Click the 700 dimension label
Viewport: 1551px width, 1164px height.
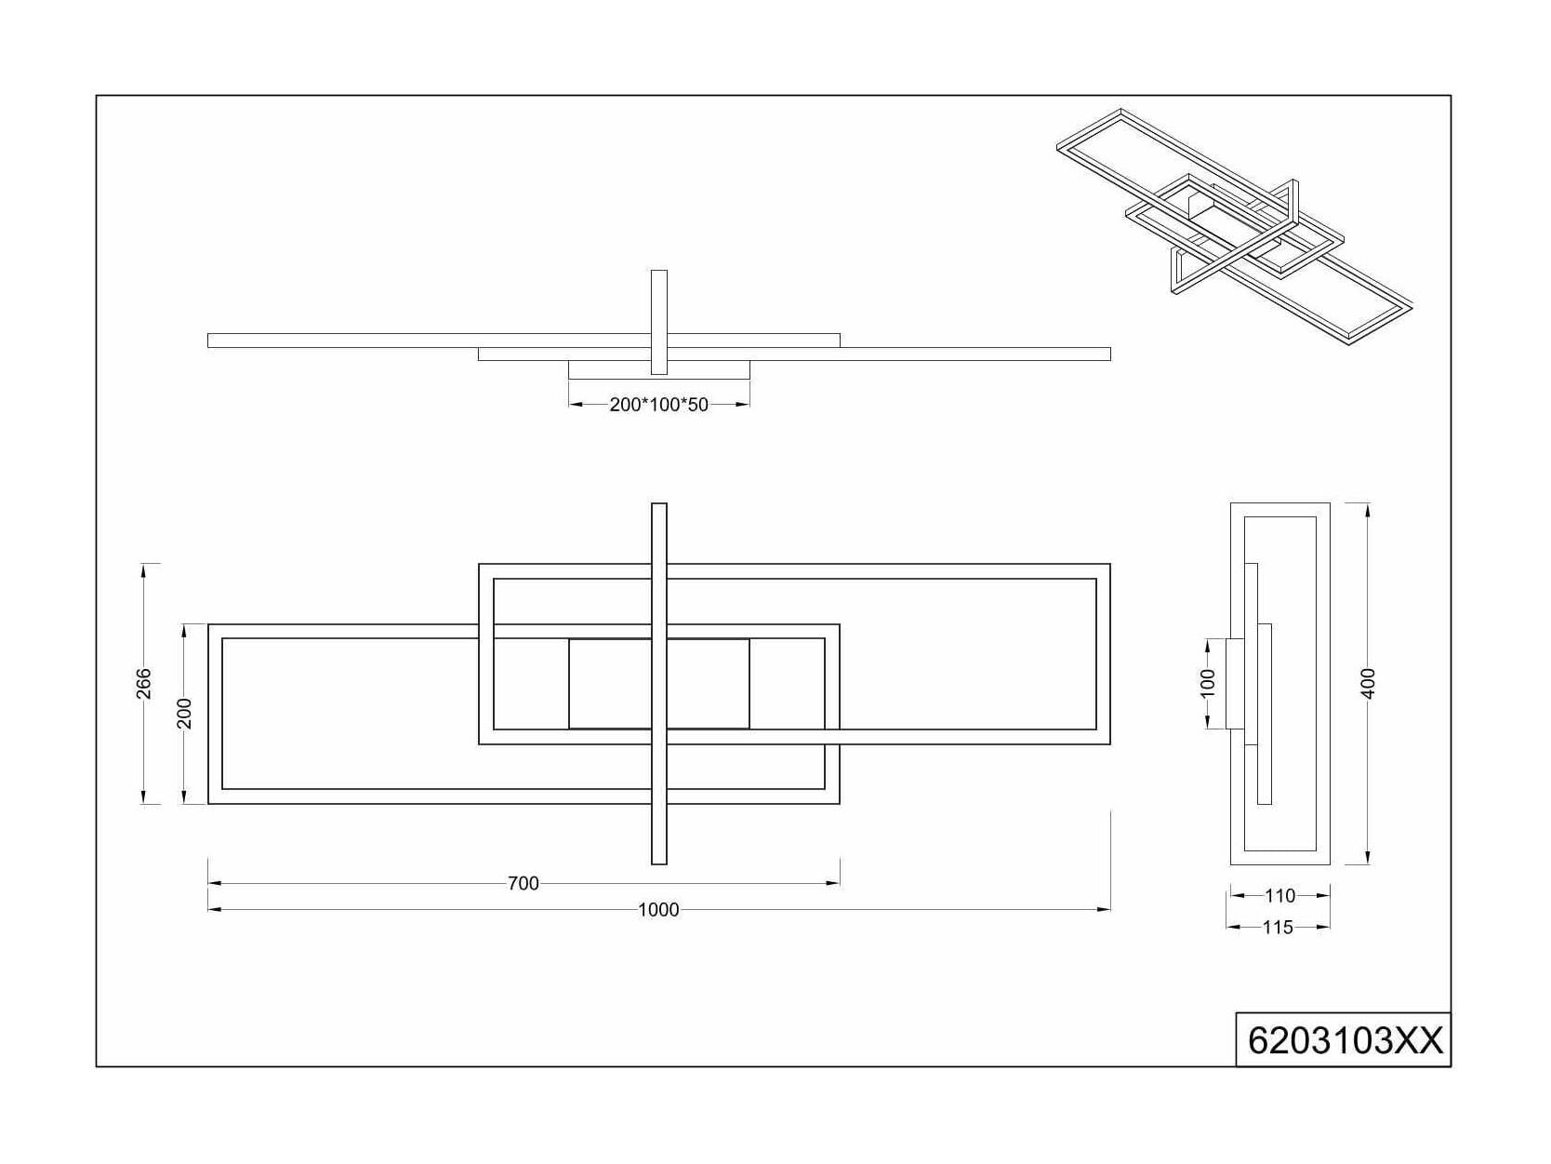tap(523, 883)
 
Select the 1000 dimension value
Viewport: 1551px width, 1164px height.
tap(658, 910)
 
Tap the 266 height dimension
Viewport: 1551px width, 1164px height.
tap(144, 683)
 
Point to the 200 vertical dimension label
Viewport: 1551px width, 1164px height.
tap(184, 713)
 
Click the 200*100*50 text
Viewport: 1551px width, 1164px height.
tap(658, 405)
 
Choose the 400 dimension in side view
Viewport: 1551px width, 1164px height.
tap(1369, 683)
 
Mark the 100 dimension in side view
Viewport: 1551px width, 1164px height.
tap(1208, 683)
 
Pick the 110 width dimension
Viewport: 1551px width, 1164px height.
tap(1279, 895)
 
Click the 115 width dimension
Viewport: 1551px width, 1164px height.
tap(1278, 927)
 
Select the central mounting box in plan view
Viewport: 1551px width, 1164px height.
tap(658, 683)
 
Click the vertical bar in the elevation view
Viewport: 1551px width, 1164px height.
tap(658, 322)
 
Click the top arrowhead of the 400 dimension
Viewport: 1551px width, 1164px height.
tap(1369, 510)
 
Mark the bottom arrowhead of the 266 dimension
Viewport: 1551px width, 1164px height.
tap(144, 797)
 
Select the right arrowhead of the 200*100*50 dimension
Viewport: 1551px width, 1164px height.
tap(743, 404)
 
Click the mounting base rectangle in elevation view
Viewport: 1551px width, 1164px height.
tap(658, 369)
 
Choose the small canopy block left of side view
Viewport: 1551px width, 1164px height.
tap(1235, 683)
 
